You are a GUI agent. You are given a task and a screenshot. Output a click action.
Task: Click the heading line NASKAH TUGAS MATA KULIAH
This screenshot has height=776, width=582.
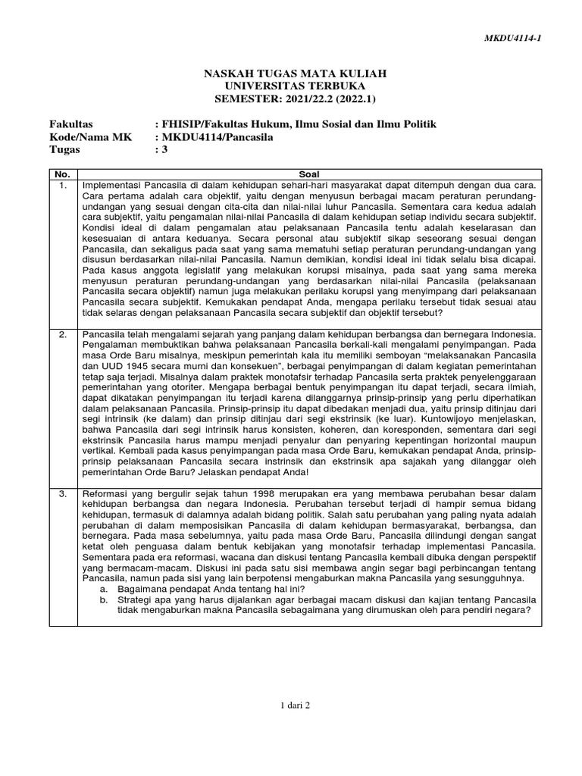pos(295,74)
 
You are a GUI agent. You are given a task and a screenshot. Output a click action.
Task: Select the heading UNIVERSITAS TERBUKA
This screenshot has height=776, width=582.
pos(295,86)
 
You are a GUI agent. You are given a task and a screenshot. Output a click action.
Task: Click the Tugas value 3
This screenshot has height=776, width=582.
pos(161,150)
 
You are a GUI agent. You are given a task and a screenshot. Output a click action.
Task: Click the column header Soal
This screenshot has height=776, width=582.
pos(310,174)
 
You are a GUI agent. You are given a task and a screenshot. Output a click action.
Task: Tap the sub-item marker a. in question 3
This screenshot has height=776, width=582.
pos(102,588)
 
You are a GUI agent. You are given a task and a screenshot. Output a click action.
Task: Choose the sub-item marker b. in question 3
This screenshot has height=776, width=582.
pos(102,599)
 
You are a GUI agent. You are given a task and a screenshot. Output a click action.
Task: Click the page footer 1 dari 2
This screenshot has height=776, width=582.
pos(294,705)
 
